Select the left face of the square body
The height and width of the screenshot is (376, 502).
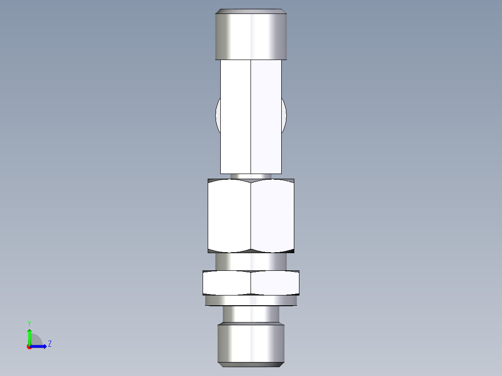[x=236, y=116]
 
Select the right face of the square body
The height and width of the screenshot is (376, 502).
[x=266, y=116]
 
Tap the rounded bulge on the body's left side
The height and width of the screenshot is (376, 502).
[x=218, y=115]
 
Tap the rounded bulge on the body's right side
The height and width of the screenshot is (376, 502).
[x=284, y=115]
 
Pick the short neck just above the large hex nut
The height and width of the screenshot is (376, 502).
[x=251, y=176]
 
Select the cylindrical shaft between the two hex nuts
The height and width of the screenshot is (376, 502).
[x=251, y=262]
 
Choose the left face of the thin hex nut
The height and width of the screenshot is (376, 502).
[x=227, y=282]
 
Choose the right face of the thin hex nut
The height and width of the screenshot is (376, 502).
[x=275, y=282]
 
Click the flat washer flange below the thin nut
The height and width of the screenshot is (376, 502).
[x=251, y=301]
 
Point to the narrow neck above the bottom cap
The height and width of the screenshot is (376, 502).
[x=251, y=315]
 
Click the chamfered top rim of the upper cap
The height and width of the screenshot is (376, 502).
[x=251, y=11]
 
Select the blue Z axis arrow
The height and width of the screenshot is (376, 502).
[x=41, y=346]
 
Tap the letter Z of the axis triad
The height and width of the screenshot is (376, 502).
[x=49, y=344]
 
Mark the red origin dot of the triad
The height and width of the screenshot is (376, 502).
[x=29, y=347]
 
